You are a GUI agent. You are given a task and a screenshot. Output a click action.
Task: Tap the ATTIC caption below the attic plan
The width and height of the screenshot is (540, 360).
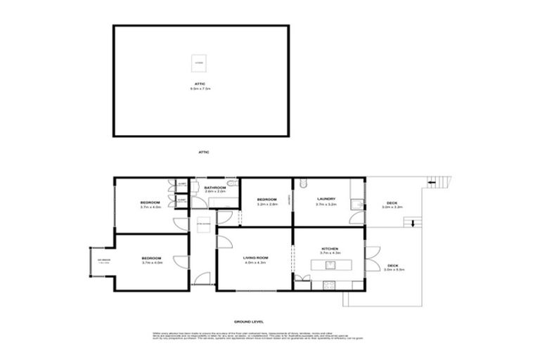[204, 152]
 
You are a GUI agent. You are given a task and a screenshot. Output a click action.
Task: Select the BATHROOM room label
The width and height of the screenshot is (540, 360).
[214, 188]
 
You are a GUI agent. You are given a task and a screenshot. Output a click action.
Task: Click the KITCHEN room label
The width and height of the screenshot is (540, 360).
[330, 249]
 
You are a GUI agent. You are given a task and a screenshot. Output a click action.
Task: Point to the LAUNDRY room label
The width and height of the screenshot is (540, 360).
[326, 198]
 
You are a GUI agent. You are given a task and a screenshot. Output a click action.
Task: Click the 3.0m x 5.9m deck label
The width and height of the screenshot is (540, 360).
[392, 267]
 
